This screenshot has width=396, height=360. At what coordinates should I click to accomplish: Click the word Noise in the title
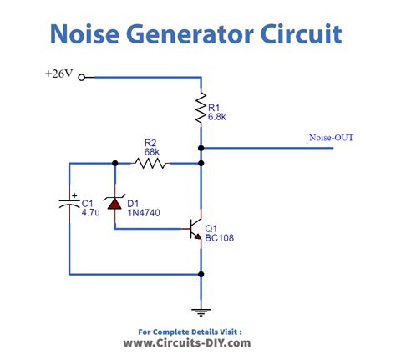(x=85, y=34)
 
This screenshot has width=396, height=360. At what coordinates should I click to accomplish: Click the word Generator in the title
(x=190, y=34)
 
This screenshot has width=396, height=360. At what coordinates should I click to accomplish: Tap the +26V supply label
(x=59, y=74)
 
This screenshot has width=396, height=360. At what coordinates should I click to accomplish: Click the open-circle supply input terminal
(x=82, y=78)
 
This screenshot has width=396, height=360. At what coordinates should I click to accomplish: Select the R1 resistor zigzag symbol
(x=201, y=108)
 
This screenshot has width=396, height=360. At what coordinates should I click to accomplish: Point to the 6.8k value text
(x=216, y=117)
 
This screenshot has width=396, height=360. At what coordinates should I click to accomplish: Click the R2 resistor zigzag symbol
(x=150, y=163)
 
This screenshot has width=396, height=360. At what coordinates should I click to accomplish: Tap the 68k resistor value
(x=152, y=152)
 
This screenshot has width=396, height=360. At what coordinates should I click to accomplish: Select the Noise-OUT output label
(x=331, y=138)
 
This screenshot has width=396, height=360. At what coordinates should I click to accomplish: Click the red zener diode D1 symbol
(x=114, y=202)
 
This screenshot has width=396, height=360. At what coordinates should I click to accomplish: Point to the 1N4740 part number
(x=144, y=213)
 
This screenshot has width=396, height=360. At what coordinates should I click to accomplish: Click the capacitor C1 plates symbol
(x=69, y=204)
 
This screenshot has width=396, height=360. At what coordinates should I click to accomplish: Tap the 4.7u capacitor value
(x=90, y=213)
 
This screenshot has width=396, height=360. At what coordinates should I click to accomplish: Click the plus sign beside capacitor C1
(x=74, y=195)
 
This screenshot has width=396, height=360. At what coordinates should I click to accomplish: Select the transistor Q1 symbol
(x=195, y=229)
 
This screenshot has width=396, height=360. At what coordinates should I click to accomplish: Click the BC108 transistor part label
(x=219, y=238)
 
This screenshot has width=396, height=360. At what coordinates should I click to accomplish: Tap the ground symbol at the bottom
(x=201, y=312)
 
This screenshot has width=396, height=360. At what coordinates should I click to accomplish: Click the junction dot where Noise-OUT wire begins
(x=201, y=148)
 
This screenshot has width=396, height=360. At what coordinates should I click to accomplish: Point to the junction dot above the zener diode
(x=114, y=163)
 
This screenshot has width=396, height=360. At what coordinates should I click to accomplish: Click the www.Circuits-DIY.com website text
(x=187, y=342)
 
